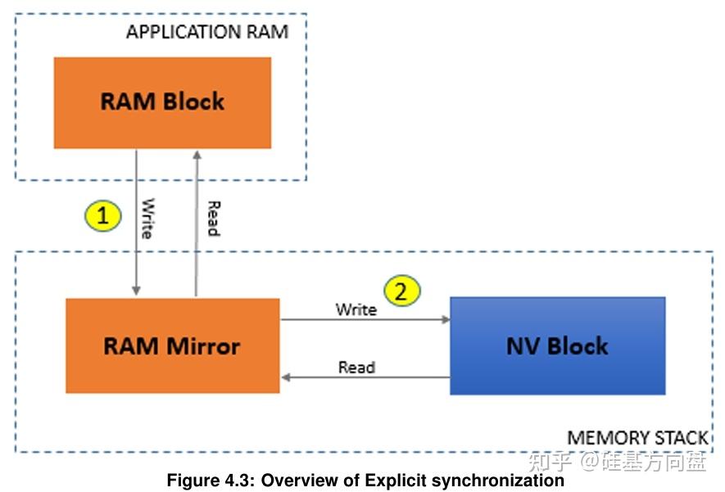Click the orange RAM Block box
click(x=162, y=102)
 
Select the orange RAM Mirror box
click(x=172, y=345)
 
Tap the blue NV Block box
click(x=557, y=345)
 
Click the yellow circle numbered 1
click(x=103, y=216)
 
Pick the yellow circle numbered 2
click(x=402, y=291)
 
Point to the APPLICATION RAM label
click(x=206, y=33)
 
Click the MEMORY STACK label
click(x=637, y=438)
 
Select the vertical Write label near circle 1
click(x=147, y=218)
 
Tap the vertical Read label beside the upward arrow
click(x=213, y=218)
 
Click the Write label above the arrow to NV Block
click(x=356, y=309)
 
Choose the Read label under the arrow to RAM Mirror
click(x=356, y=368)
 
